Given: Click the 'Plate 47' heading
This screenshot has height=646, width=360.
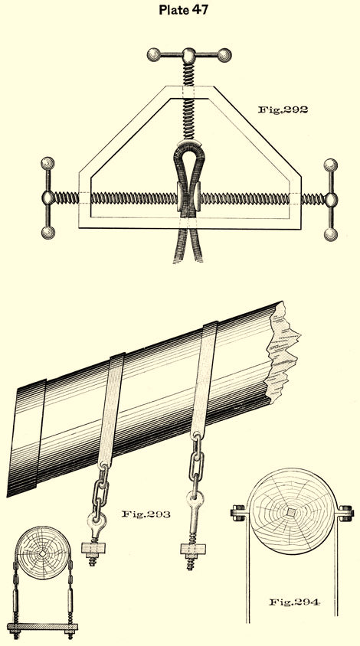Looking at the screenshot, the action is pos(184,9).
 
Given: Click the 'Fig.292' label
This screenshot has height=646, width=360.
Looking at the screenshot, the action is pos(283,109).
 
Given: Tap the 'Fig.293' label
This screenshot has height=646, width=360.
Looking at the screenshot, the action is pos(146,514).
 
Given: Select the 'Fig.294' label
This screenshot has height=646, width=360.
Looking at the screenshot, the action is pos(294,602).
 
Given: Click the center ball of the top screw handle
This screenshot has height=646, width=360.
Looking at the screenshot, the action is pos(189,54).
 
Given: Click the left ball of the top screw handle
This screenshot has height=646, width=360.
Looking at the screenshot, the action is pos(154,54).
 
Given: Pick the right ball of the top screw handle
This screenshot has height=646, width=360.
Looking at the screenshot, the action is pos(224,55).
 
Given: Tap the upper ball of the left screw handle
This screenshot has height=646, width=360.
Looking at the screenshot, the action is pos(47,164).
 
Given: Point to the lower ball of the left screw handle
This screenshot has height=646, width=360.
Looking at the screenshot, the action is pos(47,233).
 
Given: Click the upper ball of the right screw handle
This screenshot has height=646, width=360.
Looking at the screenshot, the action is pos(330,165).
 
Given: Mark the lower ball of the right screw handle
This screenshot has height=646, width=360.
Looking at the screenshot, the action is pos(330,234).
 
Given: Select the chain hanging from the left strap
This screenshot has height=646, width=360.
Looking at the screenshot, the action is pos(100,490).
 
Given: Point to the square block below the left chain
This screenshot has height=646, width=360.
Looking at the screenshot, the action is pos(93,547).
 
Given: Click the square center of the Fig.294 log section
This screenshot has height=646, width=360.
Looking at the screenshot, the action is pos(292,512).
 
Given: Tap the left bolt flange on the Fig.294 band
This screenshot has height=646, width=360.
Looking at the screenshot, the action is pos(238,513).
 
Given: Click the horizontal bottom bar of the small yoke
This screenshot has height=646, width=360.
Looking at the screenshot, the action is pos(42,626).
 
